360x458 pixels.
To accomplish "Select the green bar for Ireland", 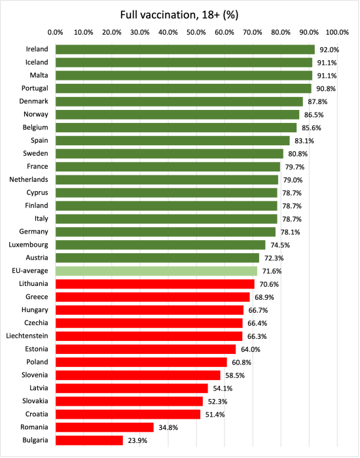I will (x=185, y=49).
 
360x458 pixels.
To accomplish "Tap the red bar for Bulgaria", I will (x=89, y=440).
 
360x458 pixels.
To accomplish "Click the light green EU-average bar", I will (x=156, y=271).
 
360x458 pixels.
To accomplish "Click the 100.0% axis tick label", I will (x=338, y=31).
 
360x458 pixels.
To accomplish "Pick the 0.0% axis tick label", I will (x=56, y=31).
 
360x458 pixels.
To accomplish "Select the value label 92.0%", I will (x=329, y=50).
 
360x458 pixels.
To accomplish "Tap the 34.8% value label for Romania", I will (x=168, y=427).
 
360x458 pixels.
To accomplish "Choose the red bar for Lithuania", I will (x=155, y=284).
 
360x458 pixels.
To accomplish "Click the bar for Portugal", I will (x=183, y=88).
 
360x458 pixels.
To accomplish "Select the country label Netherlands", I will (x=28, y=179).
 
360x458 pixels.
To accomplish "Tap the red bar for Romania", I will (x=105, y=427).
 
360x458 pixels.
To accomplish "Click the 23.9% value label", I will (x=137, y=440).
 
